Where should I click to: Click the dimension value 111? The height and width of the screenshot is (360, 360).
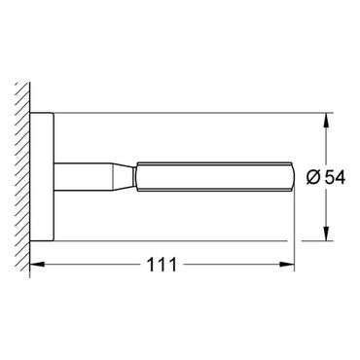pos(162,265)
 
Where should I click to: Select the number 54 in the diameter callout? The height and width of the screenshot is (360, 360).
pos(335,177)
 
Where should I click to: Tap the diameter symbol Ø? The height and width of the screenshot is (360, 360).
pos(314,177)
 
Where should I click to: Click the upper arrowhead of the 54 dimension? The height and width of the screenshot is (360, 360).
pos(327,121)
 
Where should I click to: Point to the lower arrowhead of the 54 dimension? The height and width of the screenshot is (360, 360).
pos(327,234)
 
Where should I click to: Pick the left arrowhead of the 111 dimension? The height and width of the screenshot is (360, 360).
pos(37,265)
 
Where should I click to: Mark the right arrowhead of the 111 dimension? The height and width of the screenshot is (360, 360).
pos(287,265)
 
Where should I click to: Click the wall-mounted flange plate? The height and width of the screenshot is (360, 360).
pos(42,177)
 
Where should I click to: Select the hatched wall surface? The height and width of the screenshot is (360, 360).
pos(22,177)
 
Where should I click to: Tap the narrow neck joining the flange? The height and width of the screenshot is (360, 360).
pos(83,177)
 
